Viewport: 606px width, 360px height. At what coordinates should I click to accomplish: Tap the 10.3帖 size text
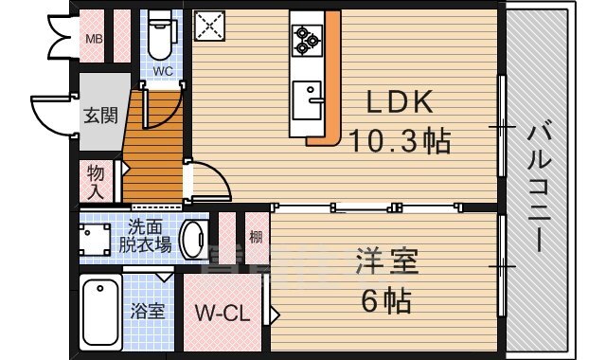400,142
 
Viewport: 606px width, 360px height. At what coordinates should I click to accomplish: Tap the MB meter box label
96,39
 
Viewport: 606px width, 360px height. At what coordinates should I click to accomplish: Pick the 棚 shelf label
255,237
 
